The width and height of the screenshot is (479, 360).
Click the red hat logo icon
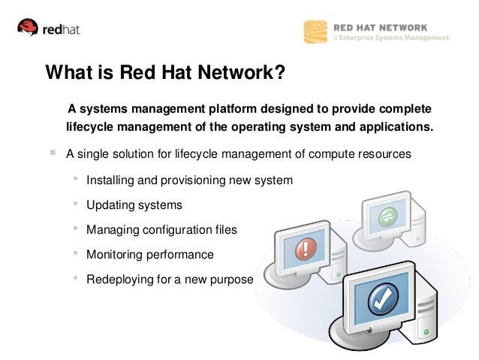pos(29,29)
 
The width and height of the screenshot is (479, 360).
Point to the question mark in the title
pos(279,74)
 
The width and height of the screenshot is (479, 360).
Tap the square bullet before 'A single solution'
pos(53,154)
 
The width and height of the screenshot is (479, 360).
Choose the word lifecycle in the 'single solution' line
pos(206,155)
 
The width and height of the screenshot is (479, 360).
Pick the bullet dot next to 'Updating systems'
pos(75,204)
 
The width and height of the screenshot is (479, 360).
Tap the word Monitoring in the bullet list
pos(113,255)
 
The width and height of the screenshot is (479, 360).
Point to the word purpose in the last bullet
pos(232,280)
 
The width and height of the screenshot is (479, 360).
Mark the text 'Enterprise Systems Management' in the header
pos(395,38)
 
